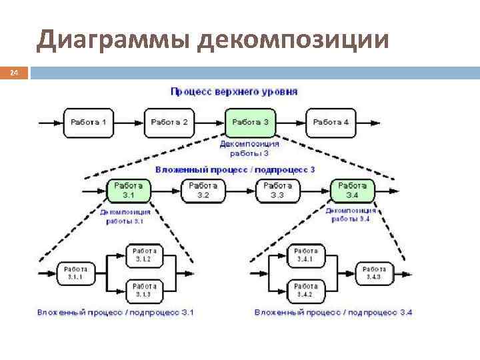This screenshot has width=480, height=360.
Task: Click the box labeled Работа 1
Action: pyautogui.click(x=89, y=123)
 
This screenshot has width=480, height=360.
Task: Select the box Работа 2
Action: pyautogui.click(x=169, y=123)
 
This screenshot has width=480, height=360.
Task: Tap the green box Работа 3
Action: pyautogui.click(x=251, y=123)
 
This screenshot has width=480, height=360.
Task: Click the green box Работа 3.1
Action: pyautogui.click(x=128, y=190)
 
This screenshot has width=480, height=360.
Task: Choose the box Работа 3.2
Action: pyautogui.click(x=203, y=190)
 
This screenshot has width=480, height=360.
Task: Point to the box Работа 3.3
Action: pyautogui.click(x=277, y=190)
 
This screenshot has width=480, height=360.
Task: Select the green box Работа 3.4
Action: pyautogui.click(x=353, y=190)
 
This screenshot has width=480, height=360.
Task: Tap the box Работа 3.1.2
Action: pyautogui.click(x=143, y=254)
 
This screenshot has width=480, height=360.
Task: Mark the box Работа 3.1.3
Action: pyautogui.click(x=143, y=290)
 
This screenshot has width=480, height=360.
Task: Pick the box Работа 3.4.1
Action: pyautogui.click(x=306, y=254)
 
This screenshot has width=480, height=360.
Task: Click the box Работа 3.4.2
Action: pyautogui.click(x=306, y=290)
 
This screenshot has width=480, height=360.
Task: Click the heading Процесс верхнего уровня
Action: pyautogui.click(x=235, y=91)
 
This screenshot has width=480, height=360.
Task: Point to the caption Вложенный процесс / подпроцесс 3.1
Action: pyautogui.click(x=115, y=312)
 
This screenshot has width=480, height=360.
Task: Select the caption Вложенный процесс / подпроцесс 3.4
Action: pyautogui.click(x=333, y=312)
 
